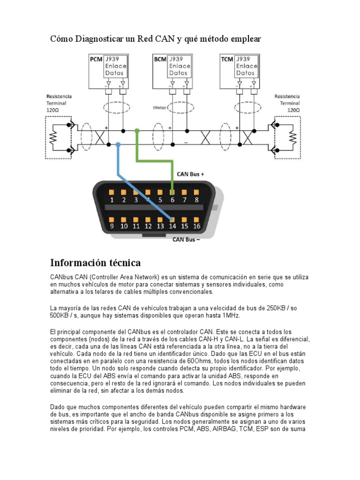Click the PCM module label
pos(96,60)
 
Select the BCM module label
pos(160,60)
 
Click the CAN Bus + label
pos(190,174)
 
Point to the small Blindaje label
pos(159,107)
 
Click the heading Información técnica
pos(96,262)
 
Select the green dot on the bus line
pos(137,131)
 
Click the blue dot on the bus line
pos(118,145)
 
